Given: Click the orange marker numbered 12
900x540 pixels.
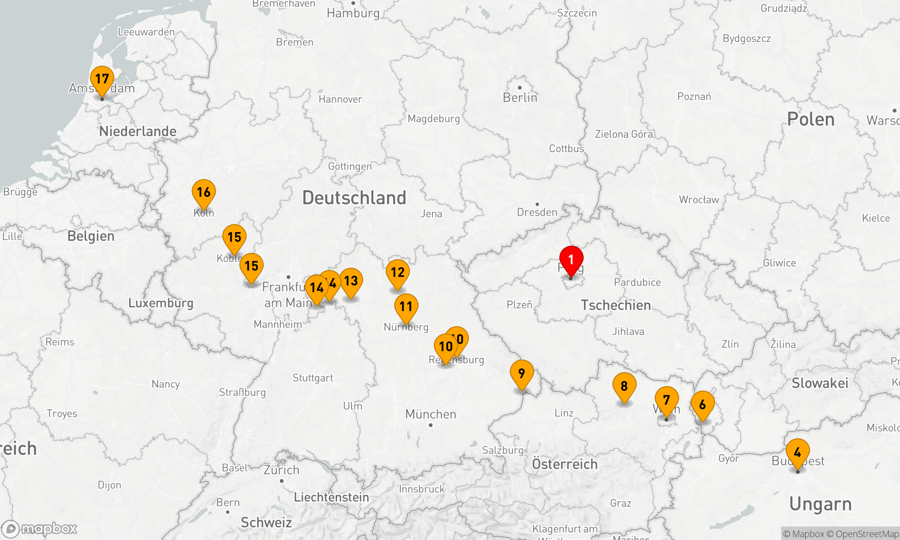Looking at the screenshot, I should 398,273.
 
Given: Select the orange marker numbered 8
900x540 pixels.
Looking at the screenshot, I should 624,387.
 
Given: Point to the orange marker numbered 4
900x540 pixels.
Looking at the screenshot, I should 797,453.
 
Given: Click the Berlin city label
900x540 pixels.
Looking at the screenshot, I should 520,98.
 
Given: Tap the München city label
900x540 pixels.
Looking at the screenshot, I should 431,414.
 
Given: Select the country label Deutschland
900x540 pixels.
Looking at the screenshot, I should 354,198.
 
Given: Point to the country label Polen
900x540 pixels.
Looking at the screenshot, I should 810,119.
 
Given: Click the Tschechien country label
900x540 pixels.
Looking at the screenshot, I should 616,305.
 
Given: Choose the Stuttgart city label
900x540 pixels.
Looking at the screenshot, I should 313,378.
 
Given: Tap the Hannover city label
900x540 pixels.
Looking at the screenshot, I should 340,99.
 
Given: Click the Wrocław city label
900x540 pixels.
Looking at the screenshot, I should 699,200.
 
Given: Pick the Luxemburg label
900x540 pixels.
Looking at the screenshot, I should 161,303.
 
